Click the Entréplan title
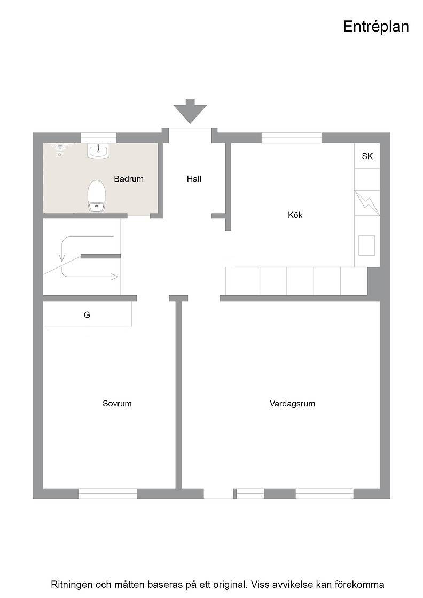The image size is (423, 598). pos(375,27)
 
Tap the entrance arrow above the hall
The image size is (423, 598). pos(190,111)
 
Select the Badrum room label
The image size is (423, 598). pos(129,178)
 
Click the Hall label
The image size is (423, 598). pos(194,178)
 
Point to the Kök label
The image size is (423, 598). pos(295,215)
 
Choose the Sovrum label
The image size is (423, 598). pos(117,404)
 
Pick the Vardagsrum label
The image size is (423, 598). pos(292,404)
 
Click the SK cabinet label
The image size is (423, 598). pos(367,156)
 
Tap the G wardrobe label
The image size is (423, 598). pos(87,314)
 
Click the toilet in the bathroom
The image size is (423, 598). pos(97,195)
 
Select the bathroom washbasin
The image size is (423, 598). pos(98,150)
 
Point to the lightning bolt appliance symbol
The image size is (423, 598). pos(367,203)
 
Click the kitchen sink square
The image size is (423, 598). pos(366,245)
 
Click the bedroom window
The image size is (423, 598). pos(107,493)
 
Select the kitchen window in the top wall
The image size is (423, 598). pos(292,138)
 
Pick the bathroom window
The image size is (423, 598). pos(99,137)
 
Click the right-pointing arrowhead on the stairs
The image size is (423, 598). pos(115,277)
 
